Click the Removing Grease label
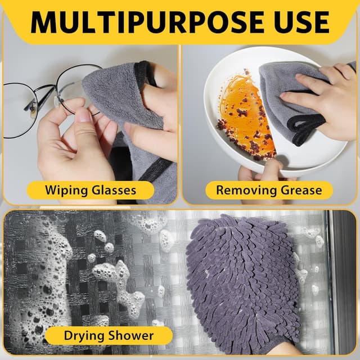(269, 190)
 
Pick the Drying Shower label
(100, 336)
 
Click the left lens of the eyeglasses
(17, 110)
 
